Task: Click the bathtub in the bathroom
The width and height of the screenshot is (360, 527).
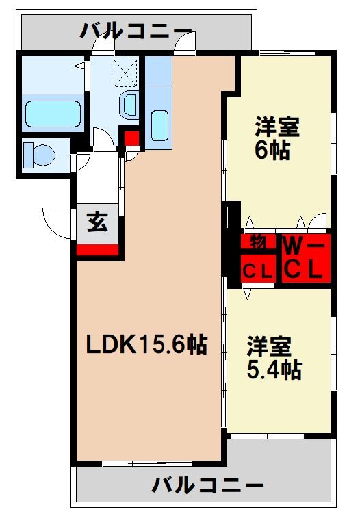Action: (52, 114)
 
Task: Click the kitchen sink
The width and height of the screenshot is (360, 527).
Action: (159, 124)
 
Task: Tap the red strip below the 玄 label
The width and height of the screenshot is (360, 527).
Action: (97, 249)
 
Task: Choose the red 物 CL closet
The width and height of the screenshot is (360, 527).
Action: (259, 259)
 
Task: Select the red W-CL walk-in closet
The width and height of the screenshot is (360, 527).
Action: (303, 259)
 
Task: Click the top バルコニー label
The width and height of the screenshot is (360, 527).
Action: (136, 31)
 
